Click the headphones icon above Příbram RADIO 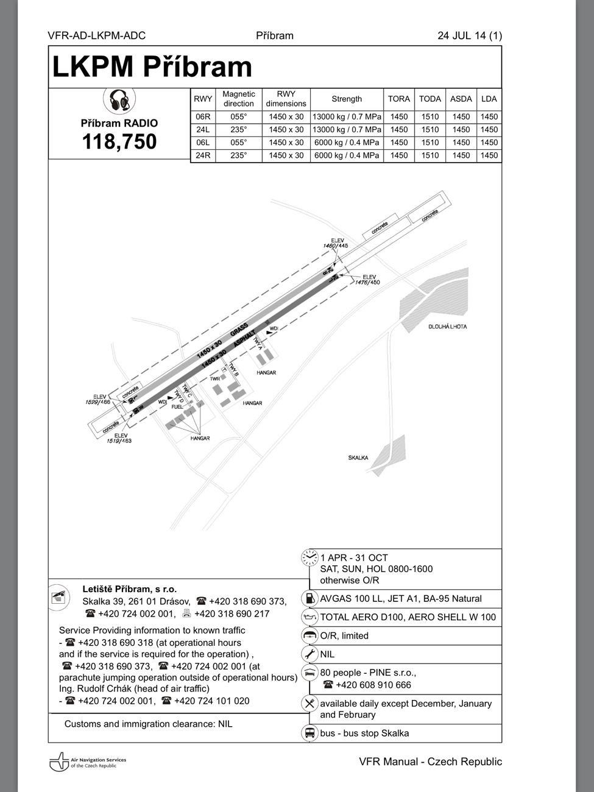tap(119, 101)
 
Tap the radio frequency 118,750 tap(119, 142)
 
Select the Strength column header tap(347, 99)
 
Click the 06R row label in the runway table tap(203, 116)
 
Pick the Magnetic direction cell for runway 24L tap(239, 129)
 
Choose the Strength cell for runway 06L tap(347, 142)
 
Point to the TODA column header tap(430, 99)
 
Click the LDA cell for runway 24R tap(489, 155)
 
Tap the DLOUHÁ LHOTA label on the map tap(447, 327)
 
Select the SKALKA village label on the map tap(358, 458)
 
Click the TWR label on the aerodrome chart tap(215, 379)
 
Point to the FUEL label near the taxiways tap(177, 406)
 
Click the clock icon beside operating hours tap(309, 557)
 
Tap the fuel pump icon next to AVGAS tap(309, 599)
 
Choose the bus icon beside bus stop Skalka tap(309, 733)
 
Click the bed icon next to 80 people tap(309, 673)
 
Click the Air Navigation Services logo tap(88, 762)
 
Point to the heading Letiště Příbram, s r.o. tap(130, 589)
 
